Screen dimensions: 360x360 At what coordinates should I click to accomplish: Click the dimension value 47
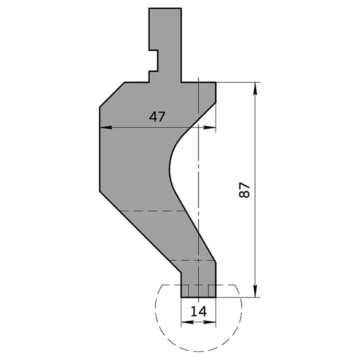coord(157,116)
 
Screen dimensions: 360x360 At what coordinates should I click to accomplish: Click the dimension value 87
coord(244,190)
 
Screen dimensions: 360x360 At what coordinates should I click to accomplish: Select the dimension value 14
coord(198,311)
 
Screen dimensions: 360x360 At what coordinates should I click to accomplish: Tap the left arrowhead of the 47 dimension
coord(104,127)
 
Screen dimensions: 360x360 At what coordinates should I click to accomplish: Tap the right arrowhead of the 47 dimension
coord(212,127)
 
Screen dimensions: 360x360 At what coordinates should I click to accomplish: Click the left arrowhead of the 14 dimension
coord(184,322)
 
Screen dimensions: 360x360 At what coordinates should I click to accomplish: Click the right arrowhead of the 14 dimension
coord(212,322)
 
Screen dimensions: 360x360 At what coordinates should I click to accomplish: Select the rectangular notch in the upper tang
coord(153,60)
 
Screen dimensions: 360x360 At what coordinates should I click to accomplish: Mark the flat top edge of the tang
coord(165,8)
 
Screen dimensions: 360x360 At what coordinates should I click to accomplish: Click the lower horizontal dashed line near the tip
coord(192,260)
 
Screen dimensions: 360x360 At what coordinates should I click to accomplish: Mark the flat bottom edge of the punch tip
coord(198,297)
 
